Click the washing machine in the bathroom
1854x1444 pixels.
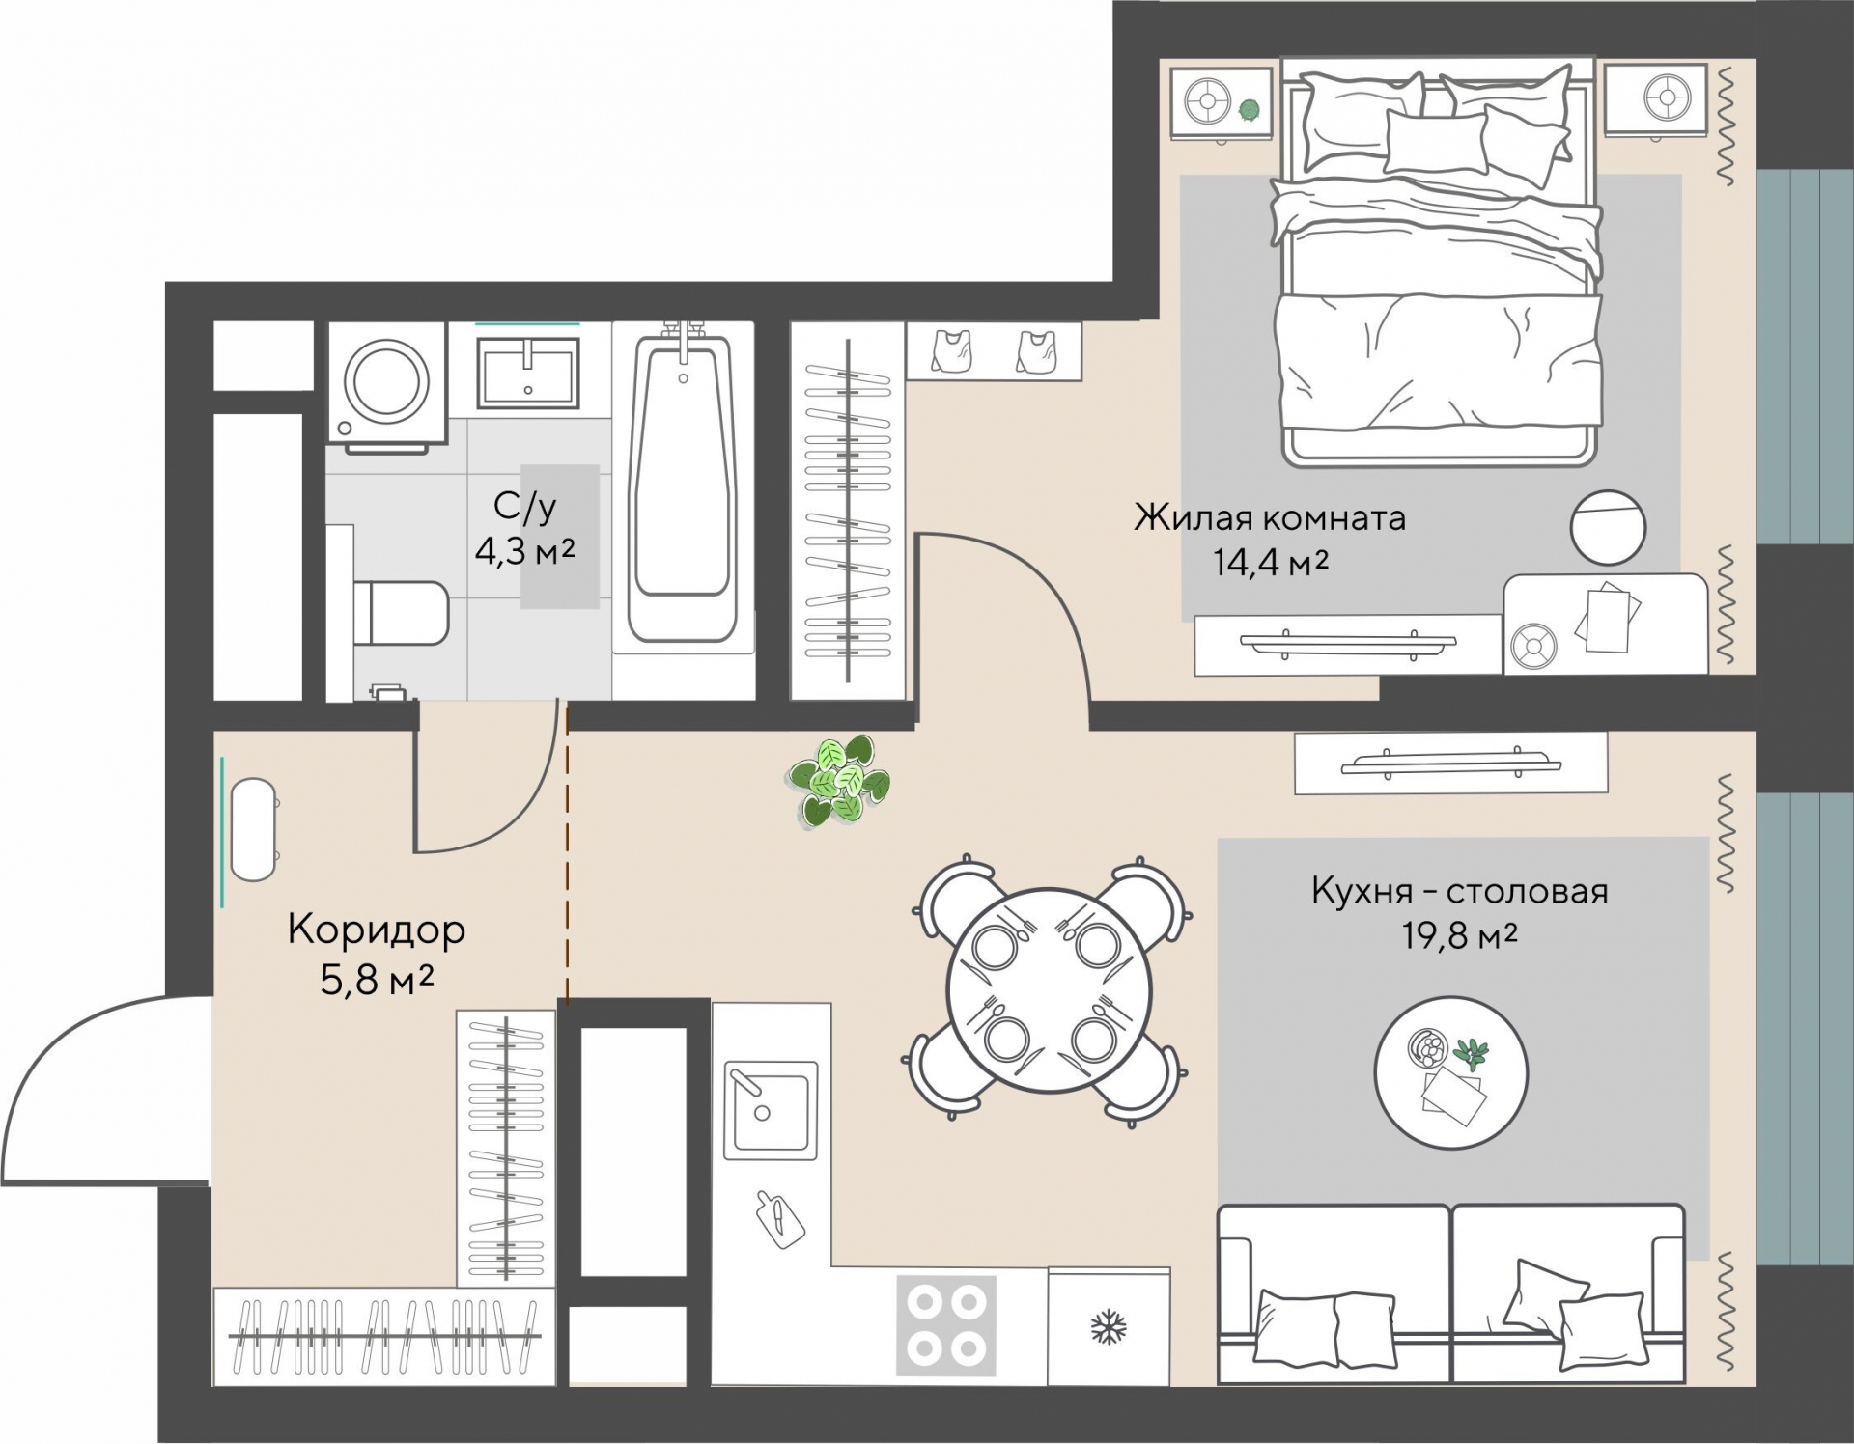pyautogui.click(x=386, y=384)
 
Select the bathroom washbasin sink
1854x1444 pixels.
pyautogui.click(x=528, y=373)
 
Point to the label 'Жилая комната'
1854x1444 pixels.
pyautogui.click(x=1269, y=517)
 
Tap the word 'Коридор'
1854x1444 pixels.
pyautogui.click(x=377, y=930)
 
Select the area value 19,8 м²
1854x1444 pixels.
pyautogui.click(x=1460, y=934)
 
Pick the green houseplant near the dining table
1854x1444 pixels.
pyautogui.click(x=839, y=781)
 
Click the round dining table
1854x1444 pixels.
pyautogui.click(x=1051, y=989)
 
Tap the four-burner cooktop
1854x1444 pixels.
pyautogui.click(x=946, y=1325)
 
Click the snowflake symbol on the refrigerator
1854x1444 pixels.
pyautogui.click(x=1109, y=1328)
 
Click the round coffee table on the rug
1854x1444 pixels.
pyautogui.click(x=1450, y=1072)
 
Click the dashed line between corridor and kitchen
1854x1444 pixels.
pyautogui.click(x=567, y=854)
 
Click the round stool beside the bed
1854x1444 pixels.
pyautogui.click(x=1608, y=527)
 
